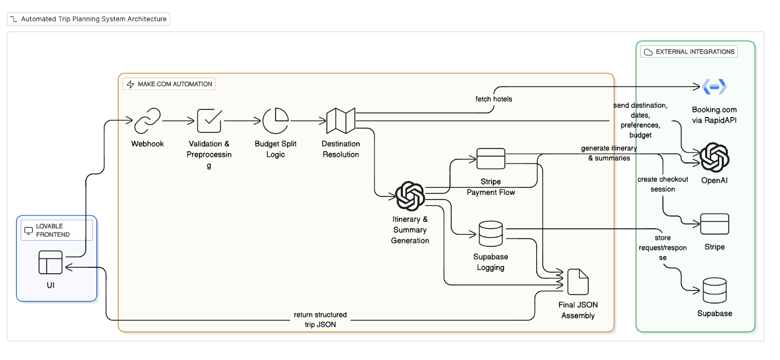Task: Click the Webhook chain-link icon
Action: tap(147, 120)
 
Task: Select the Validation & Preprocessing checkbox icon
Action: tap(209, 120)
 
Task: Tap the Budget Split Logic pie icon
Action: tap(275, 120)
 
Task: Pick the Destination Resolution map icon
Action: tap(340, 120)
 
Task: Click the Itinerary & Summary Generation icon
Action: tap(410, 196)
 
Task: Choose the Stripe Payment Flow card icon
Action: tap(490, 159)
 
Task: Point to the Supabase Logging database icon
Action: tap(490, 234)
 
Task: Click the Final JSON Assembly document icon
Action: tap(578, 281)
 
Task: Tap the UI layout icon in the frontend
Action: tap(51, 262)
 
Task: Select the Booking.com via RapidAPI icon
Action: tap(714, 87)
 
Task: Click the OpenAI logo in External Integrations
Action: tap(714, 158)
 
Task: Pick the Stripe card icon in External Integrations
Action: tap(714, 224)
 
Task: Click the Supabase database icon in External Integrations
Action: tap(714, 290)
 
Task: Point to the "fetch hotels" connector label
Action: tap(494, 99)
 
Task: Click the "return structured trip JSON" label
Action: tap(320, 320)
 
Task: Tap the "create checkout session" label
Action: tap(663, 184)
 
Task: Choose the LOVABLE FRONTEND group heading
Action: tap(53, 230)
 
